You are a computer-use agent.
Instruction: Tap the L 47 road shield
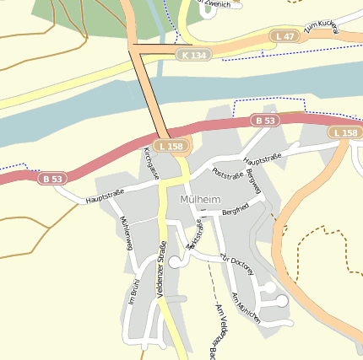(x=284, y=36)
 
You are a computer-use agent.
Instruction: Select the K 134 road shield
(x=193, y=55)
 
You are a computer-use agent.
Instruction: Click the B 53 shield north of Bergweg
(x=265, y=121)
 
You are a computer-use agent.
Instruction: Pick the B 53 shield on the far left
(x=52, y=179)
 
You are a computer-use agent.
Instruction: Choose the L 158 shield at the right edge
(x=344, y=133)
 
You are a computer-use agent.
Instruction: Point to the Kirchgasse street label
(x=152, y=163)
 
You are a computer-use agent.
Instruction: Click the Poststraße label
(x=228, y=174)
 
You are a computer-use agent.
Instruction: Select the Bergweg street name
(x=254, y=182)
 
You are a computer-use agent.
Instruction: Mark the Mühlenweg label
(x=127, y=234)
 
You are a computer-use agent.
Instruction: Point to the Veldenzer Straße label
(x=161, y=269)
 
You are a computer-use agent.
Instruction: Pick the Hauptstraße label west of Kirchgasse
(x=104, y=196)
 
